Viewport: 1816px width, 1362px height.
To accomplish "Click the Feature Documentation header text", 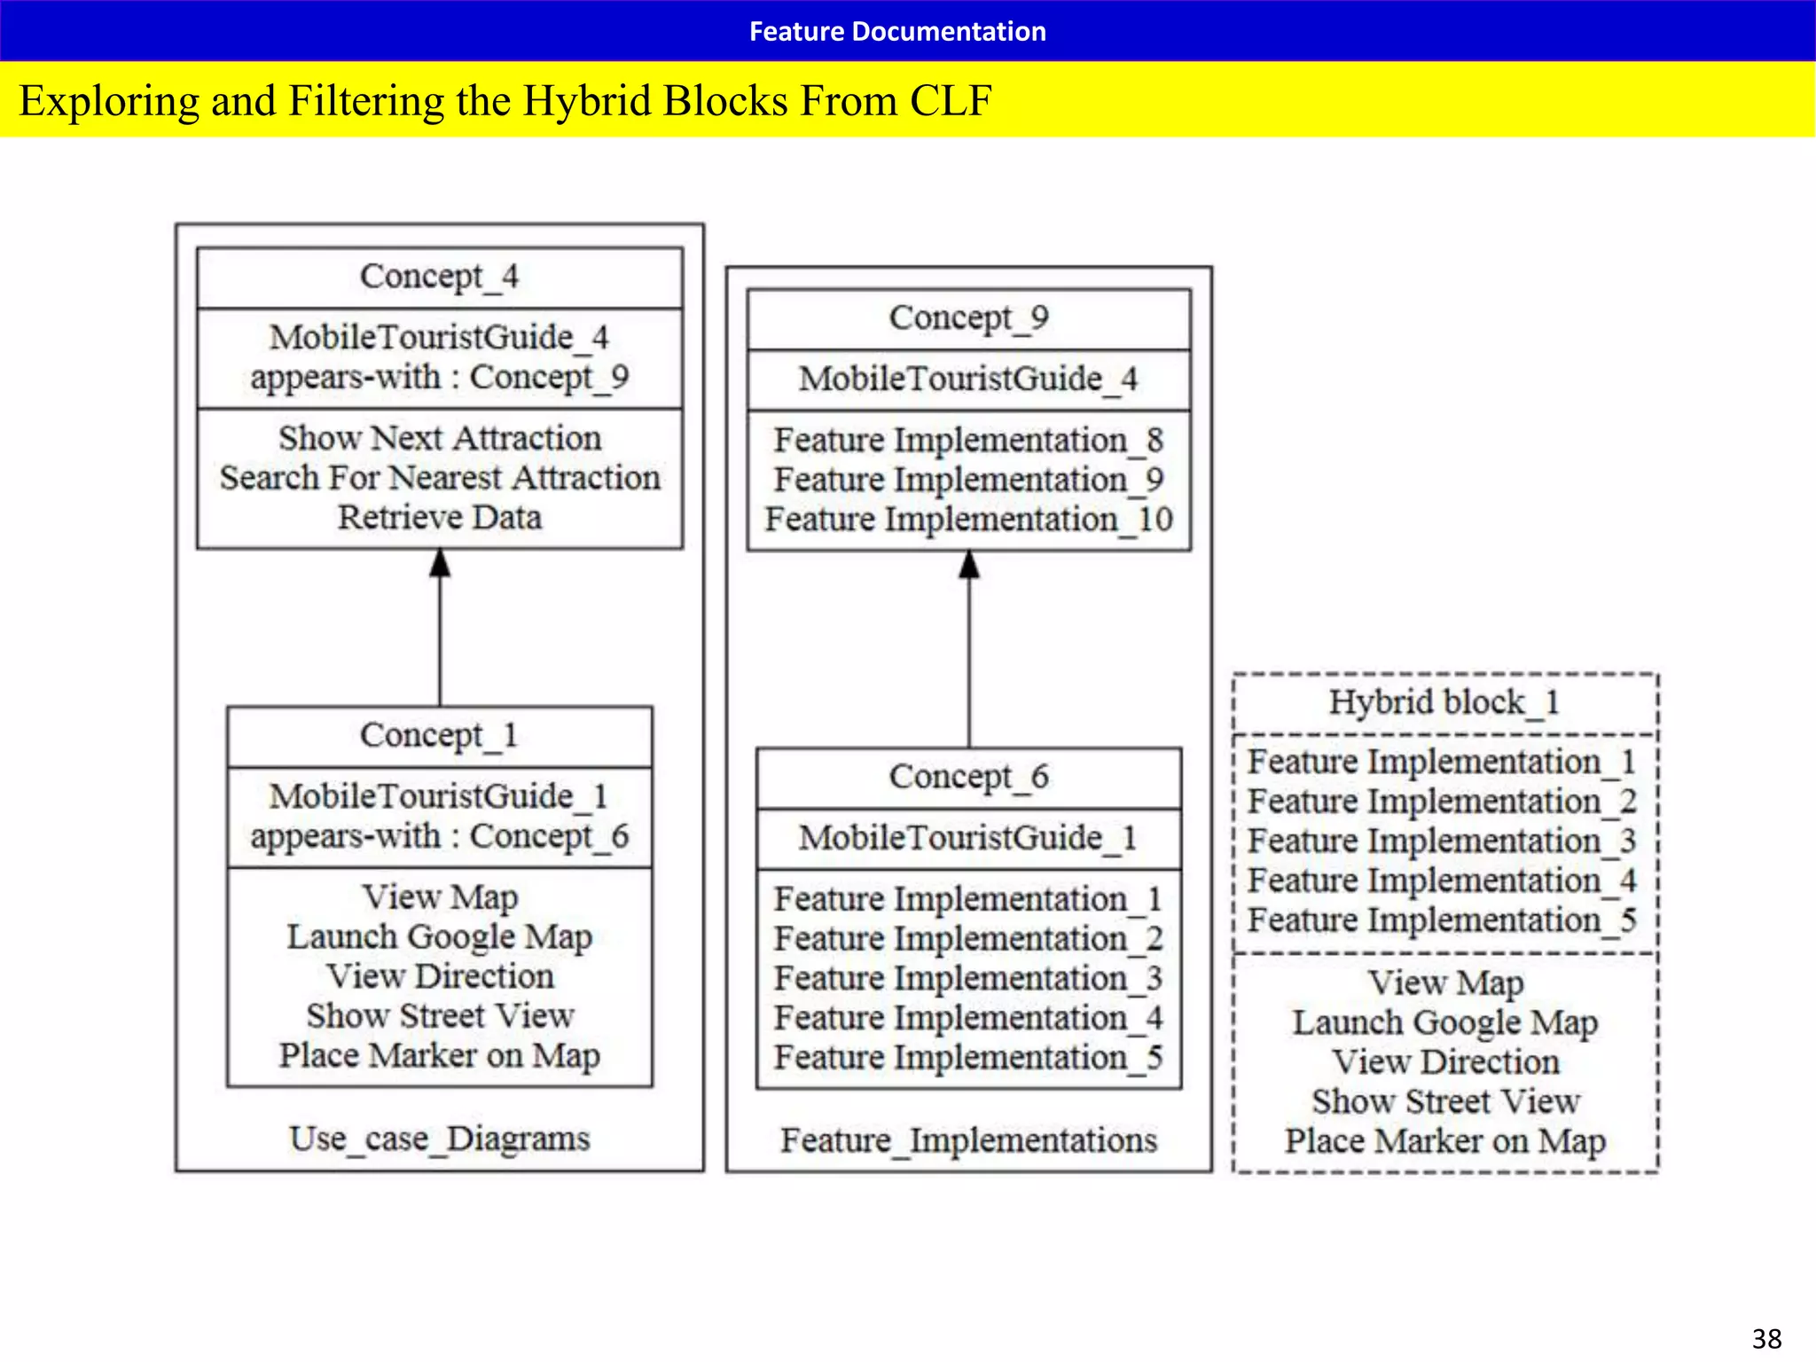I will (x=897, y=31).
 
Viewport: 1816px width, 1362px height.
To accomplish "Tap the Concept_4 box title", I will (x=439, y=277).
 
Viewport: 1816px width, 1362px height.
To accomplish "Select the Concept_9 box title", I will (x=968, y=317).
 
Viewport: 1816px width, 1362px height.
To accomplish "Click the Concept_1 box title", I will (x=439, y=735).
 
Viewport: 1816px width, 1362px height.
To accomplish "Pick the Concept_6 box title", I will (x=968, y=777).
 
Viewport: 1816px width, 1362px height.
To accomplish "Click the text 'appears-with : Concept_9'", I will (x=439, y=377).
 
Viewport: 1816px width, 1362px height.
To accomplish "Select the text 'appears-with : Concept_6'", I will (x=439, y=836).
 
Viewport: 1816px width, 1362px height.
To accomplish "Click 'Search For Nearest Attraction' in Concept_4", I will (x=440, y=478).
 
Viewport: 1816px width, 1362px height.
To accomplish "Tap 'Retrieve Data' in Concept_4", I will (x=440, y=517).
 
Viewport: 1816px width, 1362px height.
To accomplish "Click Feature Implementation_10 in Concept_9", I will (x=968, y=520).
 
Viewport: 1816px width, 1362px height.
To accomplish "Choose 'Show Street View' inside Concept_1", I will (x=440, y=1015).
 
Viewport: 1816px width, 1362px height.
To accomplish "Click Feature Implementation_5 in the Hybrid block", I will (x=1442, y=920).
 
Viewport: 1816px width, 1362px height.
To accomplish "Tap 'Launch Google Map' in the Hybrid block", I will (x=1444, y=1022).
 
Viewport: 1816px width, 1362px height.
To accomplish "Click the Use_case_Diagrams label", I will (x=439, y=1139).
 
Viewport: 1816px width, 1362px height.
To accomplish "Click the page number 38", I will (x=1766, y=1338).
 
